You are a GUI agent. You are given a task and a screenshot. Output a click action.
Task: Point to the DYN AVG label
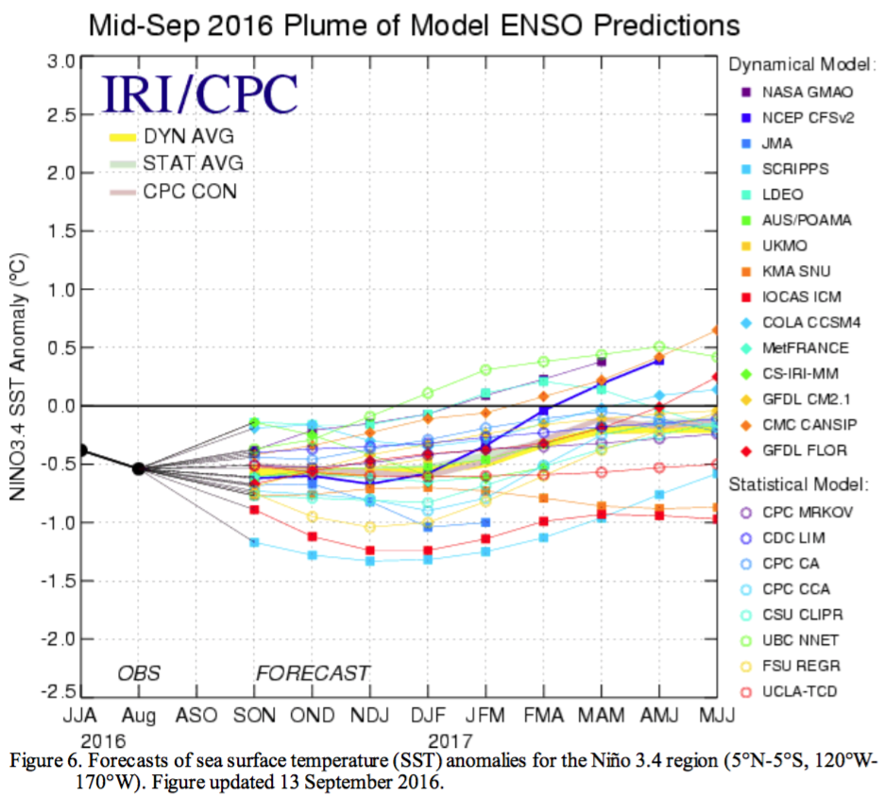(x=188, y=136)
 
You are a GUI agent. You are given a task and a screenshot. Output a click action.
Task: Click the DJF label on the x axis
(x=428, y=715)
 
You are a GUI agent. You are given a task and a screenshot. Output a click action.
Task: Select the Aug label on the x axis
(x=139, y=715)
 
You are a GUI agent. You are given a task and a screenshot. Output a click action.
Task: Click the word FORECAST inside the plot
(x=313, y=674)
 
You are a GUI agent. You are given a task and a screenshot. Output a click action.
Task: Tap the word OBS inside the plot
(x=139, y=674)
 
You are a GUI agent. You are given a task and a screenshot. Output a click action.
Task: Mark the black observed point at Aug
(x=139, y=468)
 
